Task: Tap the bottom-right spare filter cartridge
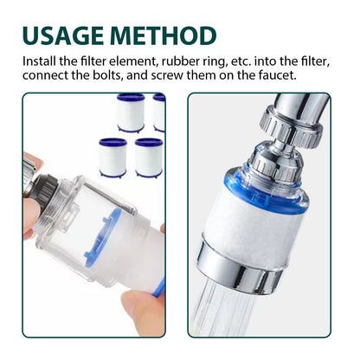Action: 149,157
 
